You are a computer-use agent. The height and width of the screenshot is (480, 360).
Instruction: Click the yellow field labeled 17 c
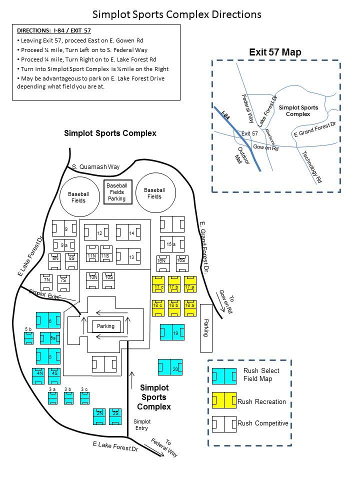click(x=158, y=284)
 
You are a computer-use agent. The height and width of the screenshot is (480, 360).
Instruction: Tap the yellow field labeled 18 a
click(x=190, y=308)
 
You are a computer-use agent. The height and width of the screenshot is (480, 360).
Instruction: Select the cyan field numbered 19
click(x=172, y=332)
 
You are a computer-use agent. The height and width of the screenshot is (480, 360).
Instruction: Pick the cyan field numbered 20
click(x=170, y=367)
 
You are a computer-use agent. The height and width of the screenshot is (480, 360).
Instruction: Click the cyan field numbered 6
click(x=48, y=320)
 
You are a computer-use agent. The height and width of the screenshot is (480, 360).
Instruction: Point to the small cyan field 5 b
click(x=29, y=338)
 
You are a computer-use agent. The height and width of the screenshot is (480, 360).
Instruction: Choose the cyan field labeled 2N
click(x=99, y=416)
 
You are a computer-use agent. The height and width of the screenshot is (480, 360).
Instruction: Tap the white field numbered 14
click(x=128, y=232)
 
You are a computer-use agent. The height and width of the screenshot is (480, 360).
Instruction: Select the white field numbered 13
click(x=128, y=256)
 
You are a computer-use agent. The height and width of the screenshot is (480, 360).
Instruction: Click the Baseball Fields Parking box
click(x=118, y=192)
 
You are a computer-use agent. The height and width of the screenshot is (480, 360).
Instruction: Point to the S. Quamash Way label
click(x=96, y=167)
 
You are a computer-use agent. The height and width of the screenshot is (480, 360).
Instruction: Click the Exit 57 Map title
click(x=275, y=52)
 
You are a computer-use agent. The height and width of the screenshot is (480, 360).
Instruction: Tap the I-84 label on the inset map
click(x=225, y=115)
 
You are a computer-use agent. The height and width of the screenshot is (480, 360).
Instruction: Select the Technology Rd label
click(x=312, y=167)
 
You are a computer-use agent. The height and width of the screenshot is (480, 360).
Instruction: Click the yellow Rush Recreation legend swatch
click(x=224, y=400)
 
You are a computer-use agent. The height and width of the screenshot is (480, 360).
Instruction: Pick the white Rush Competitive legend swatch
click(x=224, y=424)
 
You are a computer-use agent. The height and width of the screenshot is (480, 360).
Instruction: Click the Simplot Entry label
click(x=142, y=425)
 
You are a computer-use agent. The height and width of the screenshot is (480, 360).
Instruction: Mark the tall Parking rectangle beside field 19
click(x=206, y=328)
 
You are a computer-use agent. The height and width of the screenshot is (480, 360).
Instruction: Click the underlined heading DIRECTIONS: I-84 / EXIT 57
click(x=54, y=30)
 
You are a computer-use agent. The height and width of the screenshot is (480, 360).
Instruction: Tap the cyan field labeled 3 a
click(x=52, y=398)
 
